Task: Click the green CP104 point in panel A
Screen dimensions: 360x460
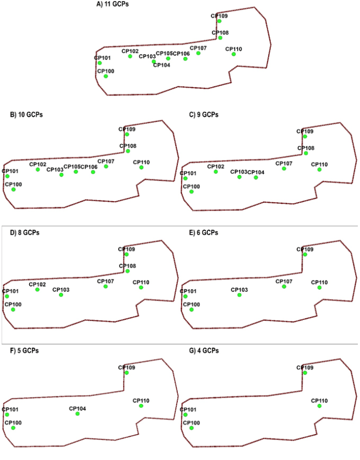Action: click(154, 62)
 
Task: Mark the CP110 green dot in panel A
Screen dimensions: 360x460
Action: click(234, 55)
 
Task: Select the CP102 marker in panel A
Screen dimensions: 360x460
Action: click(130, 56)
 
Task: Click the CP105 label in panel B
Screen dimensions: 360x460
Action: click(72, 166)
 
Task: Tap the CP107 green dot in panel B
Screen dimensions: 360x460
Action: click(106, 166)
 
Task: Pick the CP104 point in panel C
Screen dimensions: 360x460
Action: click(256, 177)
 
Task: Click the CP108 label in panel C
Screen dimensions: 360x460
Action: click(306, 148)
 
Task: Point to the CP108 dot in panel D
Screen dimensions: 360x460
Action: click(128, 271)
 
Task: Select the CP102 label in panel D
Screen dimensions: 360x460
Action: click(37, 284)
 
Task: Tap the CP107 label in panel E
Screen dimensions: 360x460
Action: click(284, 281)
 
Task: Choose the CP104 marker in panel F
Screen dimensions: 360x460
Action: click(78, 414)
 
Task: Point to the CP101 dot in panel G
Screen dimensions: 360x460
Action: click(185, 415)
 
